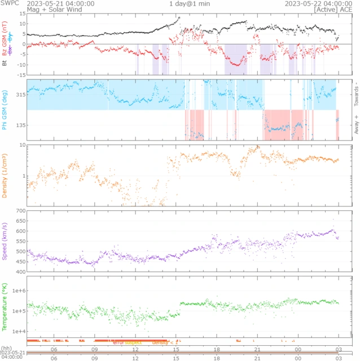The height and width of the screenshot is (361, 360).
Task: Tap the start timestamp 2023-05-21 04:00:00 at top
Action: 61,3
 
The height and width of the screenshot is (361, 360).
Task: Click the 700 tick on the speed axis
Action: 19,211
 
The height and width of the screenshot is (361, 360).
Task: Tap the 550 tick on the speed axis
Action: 19,241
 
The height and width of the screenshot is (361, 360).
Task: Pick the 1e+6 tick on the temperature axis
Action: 16,290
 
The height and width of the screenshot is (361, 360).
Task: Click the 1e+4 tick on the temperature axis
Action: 16,331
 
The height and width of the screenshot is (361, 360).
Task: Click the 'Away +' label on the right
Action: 356,125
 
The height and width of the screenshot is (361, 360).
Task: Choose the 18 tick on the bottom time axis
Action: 216,358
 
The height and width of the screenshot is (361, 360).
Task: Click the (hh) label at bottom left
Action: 6,348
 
